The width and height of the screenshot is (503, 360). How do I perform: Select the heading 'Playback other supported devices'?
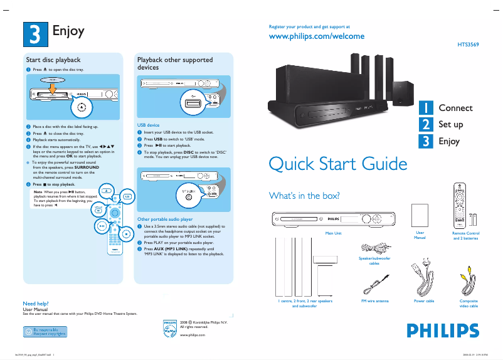point(175,63)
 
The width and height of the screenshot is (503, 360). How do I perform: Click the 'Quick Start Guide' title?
point(337,164)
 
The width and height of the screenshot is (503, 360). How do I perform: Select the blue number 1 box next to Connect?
point(426,108)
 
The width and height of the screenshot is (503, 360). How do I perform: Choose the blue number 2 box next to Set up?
point(426,124)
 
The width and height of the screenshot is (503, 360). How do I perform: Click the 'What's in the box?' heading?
point(304,196)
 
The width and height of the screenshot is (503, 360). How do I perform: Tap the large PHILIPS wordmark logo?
point(438,331)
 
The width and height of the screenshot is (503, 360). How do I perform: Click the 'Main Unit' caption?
point(333,233)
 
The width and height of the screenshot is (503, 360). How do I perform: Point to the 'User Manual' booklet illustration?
point(420,216)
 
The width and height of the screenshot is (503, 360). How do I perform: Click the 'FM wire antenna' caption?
point(374,301)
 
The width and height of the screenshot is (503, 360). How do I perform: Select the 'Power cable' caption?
point(424,301)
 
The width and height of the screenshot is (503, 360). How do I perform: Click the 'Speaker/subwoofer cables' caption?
point(374,260)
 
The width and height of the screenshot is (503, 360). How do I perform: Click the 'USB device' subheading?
point(149,125)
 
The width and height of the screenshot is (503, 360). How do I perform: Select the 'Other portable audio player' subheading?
point(164,219)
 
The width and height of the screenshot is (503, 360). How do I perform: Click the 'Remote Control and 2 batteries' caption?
point(466,235)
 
